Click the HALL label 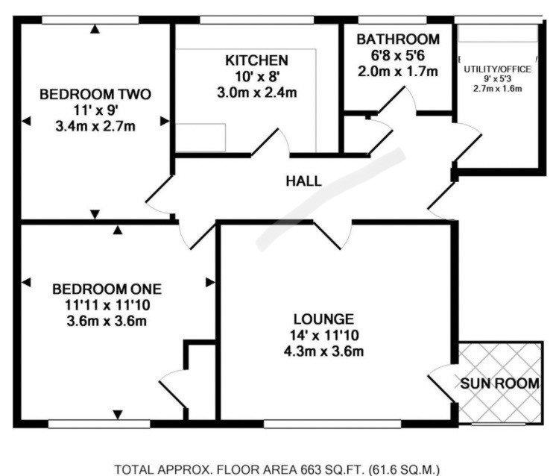pos(303,181)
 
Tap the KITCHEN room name pos(256,60)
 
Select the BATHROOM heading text pos(398,39)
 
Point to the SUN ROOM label pos(500,383)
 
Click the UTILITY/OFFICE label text pos(497,69)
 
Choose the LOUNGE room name pos(323,319)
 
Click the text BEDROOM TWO pos(95,95)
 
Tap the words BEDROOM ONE pos(107,289)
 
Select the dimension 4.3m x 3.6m pos(323,351)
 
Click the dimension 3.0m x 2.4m pos(256,93)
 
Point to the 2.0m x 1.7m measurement pos(398,72)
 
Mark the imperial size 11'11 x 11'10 pos(107,305)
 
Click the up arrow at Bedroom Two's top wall pos(95,29)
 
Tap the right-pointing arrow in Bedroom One pos(210,283)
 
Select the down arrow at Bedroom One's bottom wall pos(118,414)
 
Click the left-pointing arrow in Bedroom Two pos(26,122)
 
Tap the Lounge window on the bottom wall pos(332,424)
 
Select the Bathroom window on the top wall pos(392,19)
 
